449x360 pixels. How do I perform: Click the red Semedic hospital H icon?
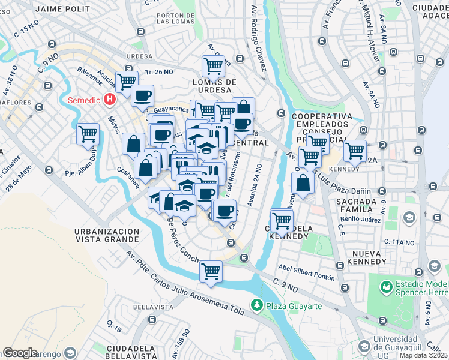pos(109,100)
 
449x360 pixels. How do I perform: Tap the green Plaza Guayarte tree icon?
pos(257,306)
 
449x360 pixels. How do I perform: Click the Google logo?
pos(20,353)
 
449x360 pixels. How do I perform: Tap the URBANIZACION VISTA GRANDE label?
pos(107,235)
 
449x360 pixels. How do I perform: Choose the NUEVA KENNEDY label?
pos(360,257)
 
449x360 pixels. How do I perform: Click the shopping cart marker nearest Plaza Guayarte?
pos(211,271)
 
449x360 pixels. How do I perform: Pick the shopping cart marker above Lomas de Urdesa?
pos(213,65)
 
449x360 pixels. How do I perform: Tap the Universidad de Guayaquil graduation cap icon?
pos(364,346)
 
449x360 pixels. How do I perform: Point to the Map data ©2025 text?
pos(423,355)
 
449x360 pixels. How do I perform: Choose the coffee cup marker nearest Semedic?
pos(143,95)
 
